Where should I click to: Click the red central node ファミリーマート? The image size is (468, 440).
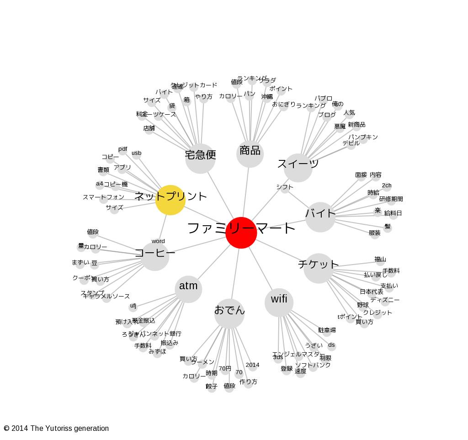[241, 233]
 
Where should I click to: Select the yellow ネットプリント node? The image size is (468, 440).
[170, 200]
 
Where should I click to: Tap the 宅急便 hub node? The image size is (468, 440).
[200, 159]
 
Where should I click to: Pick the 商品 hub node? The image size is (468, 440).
[250, 153]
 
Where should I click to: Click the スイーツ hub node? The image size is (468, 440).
[298, 167]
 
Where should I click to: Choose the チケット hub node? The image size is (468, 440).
[319, 268]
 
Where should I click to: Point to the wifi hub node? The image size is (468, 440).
[279, 302]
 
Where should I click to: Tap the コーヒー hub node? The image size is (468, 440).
[154, 256]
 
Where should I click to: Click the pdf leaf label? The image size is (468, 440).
[122, 149]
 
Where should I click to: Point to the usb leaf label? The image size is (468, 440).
[136, 153]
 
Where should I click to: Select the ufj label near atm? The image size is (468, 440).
[133, 306]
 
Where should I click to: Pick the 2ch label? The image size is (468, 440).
[387, 186]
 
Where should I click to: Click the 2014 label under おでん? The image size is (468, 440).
[252, 365]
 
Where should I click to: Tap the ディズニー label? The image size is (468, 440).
[385, 300]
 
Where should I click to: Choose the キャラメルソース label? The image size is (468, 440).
[106, 297]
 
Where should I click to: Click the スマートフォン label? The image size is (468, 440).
[103, 197]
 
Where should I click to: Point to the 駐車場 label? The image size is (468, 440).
[327, 330]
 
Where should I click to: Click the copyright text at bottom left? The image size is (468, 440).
[56, 429]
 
